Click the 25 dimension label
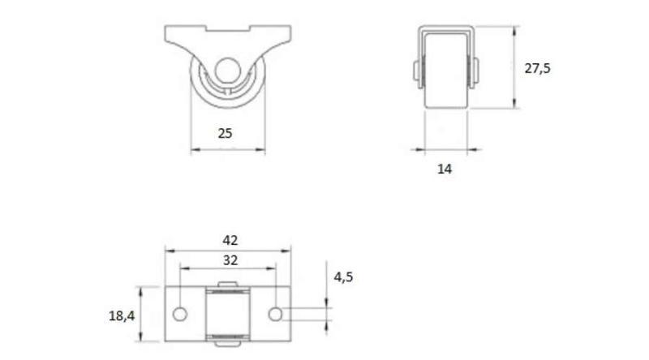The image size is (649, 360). [225, 133]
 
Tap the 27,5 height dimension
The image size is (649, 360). [537, 68]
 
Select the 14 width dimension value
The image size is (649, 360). [445, 169]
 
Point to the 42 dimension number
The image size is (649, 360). [230, 241]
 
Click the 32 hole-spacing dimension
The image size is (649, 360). [230, 260]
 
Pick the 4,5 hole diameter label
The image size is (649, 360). [343, 276]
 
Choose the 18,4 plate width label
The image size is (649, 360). [122, 316]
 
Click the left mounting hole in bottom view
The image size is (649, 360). [180, 314]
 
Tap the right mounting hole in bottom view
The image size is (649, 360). [275, 314]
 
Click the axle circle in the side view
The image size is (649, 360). [227, 71]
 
